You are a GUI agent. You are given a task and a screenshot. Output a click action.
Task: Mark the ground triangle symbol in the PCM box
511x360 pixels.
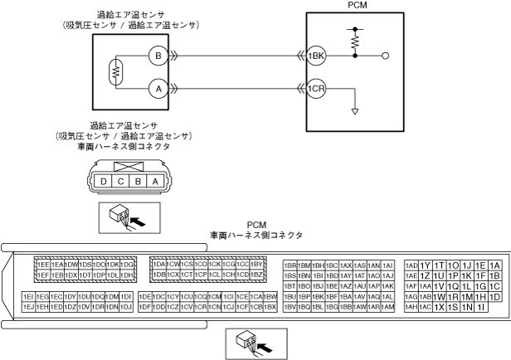(x=356, y=111)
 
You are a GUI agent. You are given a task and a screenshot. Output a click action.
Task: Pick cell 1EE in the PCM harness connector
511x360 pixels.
(x=43, y=264)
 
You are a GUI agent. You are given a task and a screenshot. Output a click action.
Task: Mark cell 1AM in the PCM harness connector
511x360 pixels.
(x=387, y=306)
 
